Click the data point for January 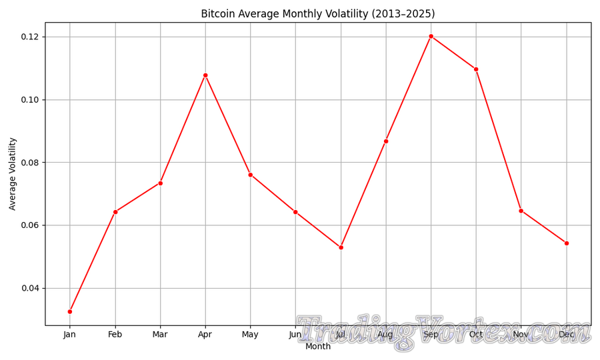pyautogui.click(x=70, y=311)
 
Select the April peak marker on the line pyautogui.click(x=205, y=75)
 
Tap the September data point pyautogui.click(x=431, y=36)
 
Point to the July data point pyautogui.click(x=341, y=247)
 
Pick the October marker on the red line pyautogui.click(x=476, y=69)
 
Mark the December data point pyautogui.click(x=567, y=243)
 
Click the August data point pyautogui.click(x=386, y=141)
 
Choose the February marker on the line pyautogui.click(x=115, y=212)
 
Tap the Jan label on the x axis pyautogui.click(x=70, y=335)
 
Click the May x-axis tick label pyautogui.click(x=250, y=335)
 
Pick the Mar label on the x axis pyautogui.click(x=160, y=335)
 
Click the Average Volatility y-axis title pyautogui.click(x=13, y=173)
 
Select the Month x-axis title pyautogui.click(x=318, y=347)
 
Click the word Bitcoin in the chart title pyautogui.click(x=218, y=14)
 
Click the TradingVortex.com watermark pyautogui.click(x=443, y=331)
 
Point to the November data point pyautogui.click(x=521, y=211)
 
